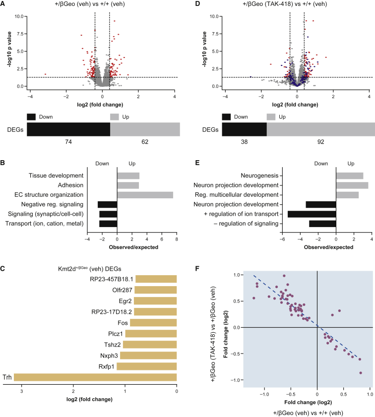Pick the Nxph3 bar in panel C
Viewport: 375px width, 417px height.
point(148,356)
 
